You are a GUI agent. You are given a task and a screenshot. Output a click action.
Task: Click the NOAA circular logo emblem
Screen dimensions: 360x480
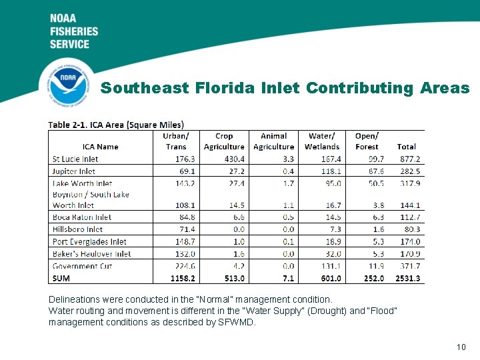pos(67,84)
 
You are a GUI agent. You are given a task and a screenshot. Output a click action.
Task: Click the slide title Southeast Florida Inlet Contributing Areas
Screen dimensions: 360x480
pos(285,88)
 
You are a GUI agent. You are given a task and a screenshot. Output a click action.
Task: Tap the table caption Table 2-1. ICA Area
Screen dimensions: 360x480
pos(116,125)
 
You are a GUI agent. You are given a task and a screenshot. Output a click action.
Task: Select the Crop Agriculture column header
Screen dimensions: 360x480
pos(224,141)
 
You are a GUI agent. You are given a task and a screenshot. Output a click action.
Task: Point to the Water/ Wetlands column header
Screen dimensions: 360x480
pos(322,141)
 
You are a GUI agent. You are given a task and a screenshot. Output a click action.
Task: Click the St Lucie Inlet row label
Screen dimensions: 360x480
pos(75,159)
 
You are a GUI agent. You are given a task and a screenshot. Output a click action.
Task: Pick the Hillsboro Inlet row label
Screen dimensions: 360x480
pos(77,229)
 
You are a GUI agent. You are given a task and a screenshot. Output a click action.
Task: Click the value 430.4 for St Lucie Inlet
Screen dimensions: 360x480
pos(233,159)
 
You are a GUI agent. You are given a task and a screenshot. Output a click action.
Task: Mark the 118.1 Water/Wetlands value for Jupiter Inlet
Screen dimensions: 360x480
pos(330,171)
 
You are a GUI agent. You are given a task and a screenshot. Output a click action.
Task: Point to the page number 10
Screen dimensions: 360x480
pos(461,347)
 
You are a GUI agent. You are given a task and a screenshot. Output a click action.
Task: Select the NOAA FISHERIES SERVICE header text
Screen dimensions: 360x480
pos(74,31)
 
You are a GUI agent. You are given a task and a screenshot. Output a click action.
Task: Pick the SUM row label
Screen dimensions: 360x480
pos(61,278)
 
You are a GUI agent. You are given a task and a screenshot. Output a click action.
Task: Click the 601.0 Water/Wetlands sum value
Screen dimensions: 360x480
pos(331,278)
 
